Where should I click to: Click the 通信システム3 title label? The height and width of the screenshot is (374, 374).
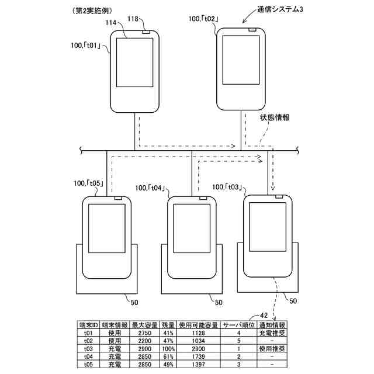tap(280, 11)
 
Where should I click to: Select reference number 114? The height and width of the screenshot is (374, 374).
tap(110, 23)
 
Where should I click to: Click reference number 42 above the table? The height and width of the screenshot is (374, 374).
tap(264, 316)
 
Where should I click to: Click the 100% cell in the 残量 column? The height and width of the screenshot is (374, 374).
tap(168, 348)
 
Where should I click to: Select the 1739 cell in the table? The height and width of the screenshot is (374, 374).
tap(198, 356)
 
